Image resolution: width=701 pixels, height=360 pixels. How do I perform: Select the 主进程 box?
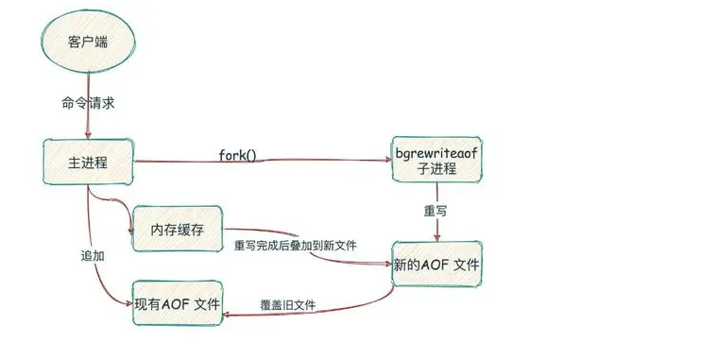pos(88,162)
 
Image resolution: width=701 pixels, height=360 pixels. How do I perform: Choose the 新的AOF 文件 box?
pos(436,267)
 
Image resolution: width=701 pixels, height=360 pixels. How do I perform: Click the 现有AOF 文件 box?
pos(178,304)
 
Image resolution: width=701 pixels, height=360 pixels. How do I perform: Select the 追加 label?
pos(92,255)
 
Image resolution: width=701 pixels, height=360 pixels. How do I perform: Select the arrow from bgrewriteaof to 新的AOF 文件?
pos(437,222)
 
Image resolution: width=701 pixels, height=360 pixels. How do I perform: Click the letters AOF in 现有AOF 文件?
pos(174,304)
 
